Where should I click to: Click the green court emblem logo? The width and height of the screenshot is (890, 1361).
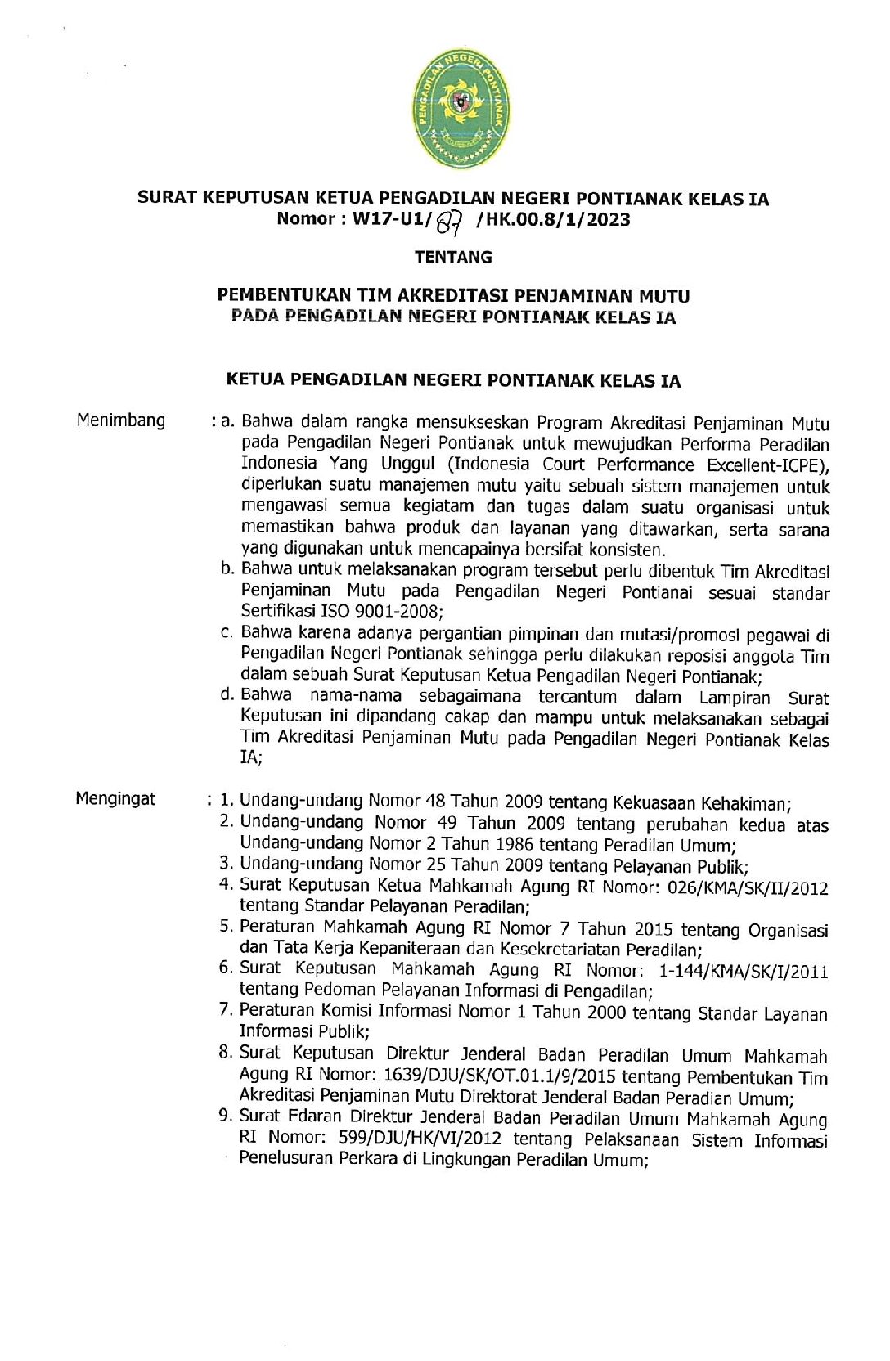(461, 107)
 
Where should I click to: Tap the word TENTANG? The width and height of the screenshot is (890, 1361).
(453, 257)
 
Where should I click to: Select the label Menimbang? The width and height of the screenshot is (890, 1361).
(121, 420)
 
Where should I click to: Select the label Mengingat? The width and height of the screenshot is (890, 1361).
(115, 798)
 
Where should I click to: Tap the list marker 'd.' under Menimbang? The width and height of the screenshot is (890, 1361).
(227, 695)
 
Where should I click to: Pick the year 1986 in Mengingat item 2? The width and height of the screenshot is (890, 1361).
(515, 845)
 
